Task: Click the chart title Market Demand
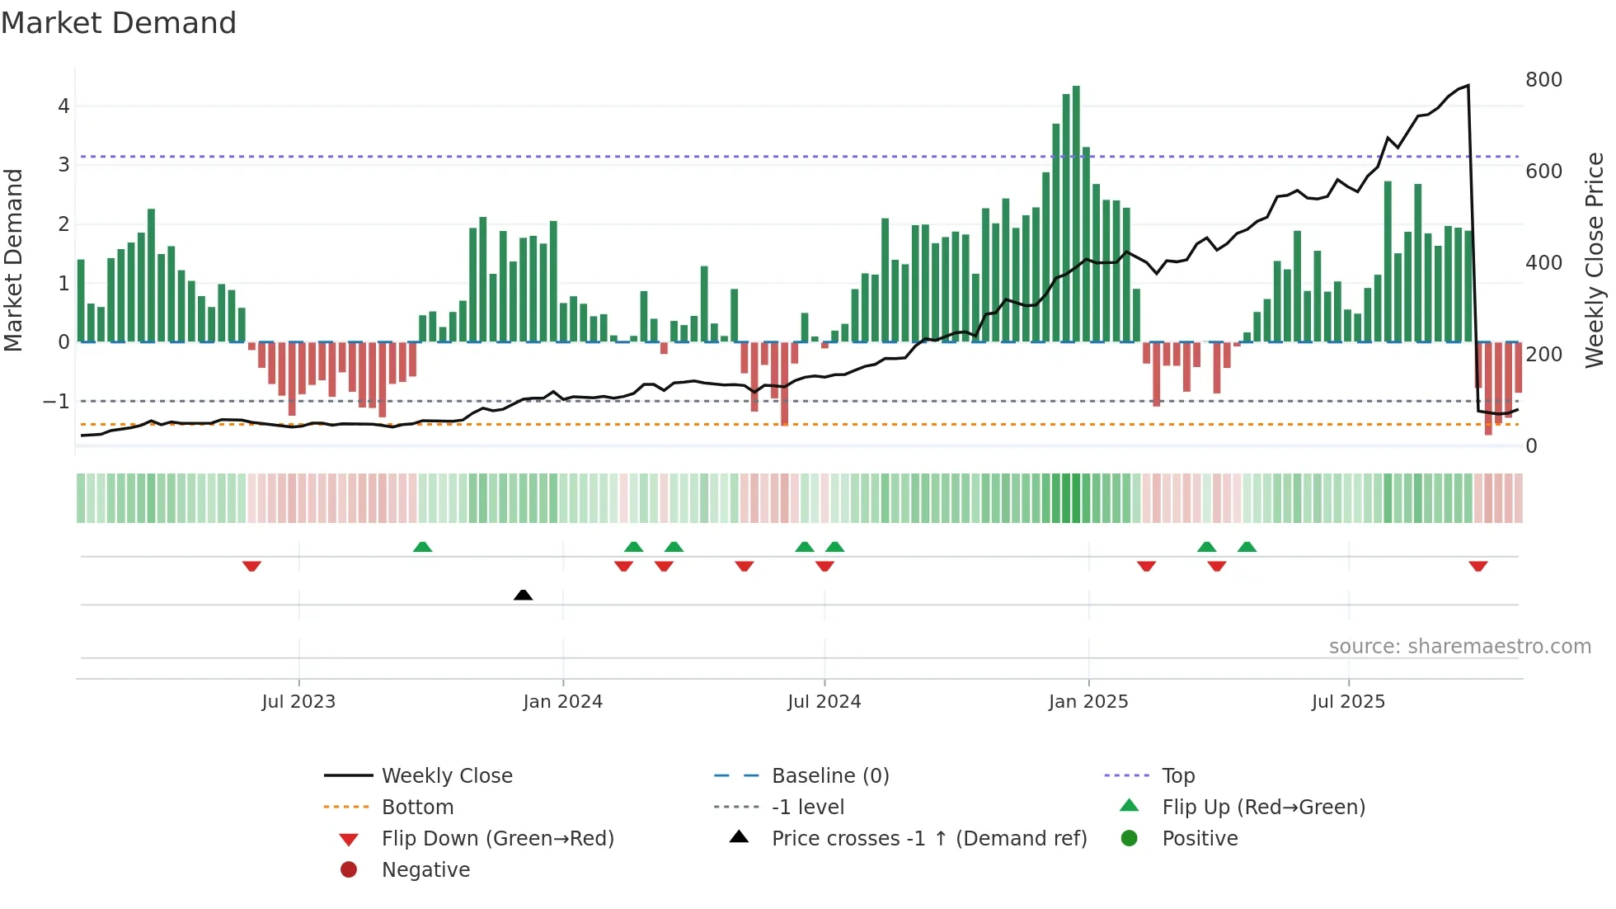point(119,23)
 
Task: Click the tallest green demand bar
point(1076,214)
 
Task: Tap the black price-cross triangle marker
point(523,595)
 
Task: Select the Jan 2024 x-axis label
point(562,702)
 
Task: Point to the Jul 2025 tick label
point(1348,702)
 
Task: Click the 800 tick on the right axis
point(1543,80)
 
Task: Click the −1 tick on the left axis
point(56,402)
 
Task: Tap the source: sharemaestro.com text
point(1459,647)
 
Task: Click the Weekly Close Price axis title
point(1595,260)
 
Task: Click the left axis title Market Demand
point(13,260)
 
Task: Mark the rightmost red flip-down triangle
point(1477,566)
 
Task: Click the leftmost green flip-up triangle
point(422,547)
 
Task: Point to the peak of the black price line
point(1468,85)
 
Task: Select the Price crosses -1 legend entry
point(928,839)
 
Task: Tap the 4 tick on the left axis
point(63,106)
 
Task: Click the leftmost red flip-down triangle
point(251,566)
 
